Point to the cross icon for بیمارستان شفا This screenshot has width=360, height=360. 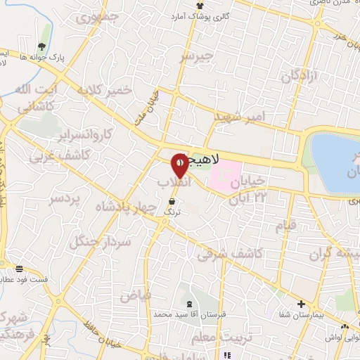[x=301, y=304]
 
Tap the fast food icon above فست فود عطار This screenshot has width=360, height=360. [x=20, y=269]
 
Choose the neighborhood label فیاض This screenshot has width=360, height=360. [x=135, y=295]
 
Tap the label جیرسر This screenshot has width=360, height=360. [x=195, y=56]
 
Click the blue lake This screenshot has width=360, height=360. [x=335, y=162]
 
